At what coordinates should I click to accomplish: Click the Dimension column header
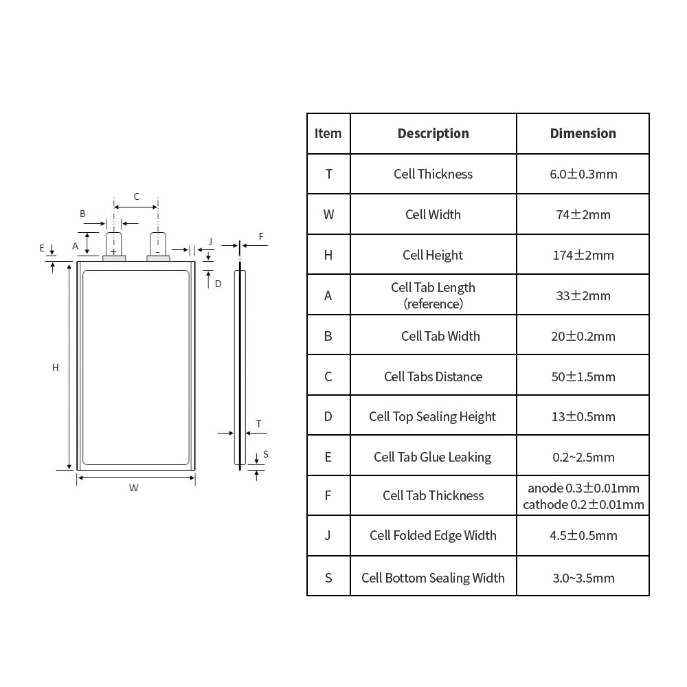click(x=583, y=133)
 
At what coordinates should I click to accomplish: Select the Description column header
click(x=433, y=133)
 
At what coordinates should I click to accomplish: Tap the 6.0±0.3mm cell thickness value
click(x=583, y=174)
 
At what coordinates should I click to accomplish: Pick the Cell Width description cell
click(x=433, y=214)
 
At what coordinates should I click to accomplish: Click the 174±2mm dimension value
click(x=583, y=255)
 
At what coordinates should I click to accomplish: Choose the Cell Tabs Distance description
click(x=433, y=376)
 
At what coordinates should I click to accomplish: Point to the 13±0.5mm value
click(x=583, y=416)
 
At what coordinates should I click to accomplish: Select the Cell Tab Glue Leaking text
click(x=432, y=457)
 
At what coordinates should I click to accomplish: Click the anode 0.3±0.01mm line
click(x=583, y=488)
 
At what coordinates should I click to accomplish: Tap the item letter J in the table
click(x=328, y=535)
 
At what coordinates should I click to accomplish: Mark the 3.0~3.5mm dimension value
click(x=583, y=578)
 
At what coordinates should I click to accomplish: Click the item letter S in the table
click(x=328, y=578)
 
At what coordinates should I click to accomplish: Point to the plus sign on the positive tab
click(x=113, y=252)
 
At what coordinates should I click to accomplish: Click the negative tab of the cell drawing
click(x=158, y=245)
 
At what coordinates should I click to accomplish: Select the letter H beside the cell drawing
click(x=55, y=368)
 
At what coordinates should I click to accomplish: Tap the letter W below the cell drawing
click(x=134, y=488)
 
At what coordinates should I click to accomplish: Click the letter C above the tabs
click(x=137, y=196)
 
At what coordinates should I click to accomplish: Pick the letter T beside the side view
click(x=258, y=424)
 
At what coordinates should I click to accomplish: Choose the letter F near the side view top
click(x=261, y=236)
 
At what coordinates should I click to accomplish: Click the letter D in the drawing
click(x=218, y=284)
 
